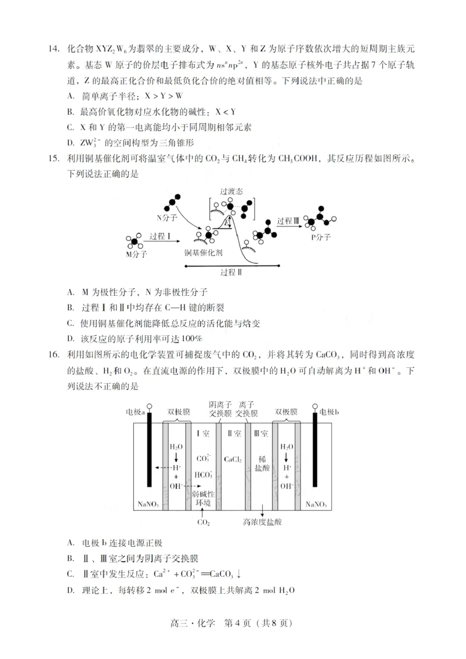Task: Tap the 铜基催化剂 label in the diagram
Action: click(203, 253)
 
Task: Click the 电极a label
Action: click(136, 413)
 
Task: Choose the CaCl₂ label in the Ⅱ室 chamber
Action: click(233, 458)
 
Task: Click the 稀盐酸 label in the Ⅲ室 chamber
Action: click(262, 463)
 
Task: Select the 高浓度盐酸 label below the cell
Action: click(262, 522)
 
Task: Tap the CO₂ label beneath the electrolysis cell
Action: click(203, 522)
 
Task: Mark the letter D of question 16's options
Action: click(70, 590)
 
